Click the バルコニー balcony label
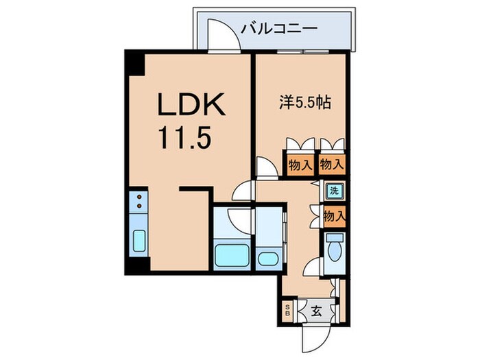(279, 29)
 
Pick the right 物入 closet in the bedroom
(333, 165)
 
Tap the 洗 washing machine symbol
(334, 191)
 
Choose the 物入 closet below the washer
(333, 217)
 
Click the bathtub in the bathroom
(231, 255)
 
